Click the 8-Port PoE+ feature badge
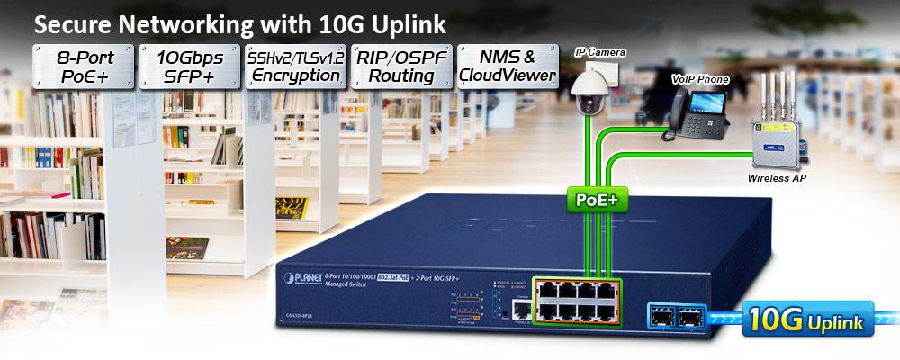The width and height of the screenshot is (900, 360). click(83, 67)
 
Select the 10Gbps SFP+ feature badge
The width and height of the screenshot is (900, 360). click(188, 67)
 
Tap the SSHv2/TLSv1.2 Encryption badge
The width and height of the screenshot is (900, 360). click(294, 67)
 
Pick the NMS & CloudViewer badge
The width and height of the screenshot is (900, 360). click(507, 67)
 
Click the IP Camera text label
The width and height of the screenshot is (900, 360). click(599, 52)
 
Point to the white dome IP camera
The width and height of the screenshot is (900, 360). click(595, 95)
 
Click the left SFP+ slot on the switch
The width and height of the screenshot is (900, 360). click(660, 316)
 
